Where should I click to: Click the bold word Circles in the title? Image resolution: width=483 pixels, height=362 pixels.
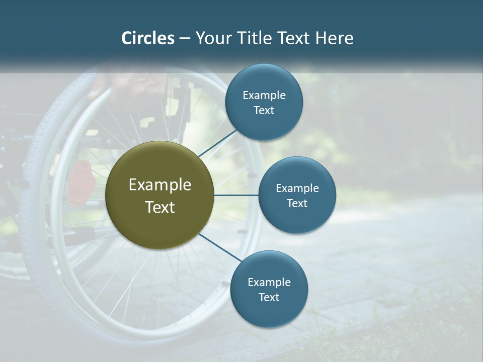[148, 38]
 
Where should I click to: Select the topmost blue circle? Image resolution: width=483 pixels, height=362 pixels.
[264, 102]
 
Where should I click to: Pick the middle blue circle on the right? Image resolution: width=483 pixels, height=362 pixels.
[297, 195]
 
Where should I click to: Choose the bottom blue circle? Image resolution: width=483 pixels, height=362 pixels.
[269, 289]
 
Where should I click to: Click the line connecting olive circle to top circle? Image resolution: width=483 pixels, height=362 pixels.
[218, 143]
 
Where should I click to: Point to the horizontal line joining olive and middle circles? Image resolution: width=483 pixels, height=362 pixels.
[236, 195]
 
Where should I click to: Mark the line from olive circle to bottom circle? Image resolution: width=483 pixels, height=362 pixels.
[219, 248]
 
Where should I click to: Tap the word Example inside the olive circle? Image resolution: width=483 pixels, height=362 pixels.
[160, 185]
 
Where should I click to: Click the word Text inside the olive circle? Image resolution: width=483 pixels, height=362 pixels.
[160, 207]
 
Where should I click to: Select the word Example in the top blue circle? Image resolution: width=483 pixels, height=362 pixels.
[264, 96]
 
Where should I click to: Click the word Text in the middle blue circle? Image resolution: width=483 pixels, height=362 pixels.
[297, 203]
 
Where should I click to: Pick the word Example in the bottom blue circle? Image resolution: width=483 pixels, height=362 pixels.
[269, 283]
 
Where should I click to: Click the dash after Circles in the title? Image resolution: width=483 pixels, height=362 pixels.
[185, 38]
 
